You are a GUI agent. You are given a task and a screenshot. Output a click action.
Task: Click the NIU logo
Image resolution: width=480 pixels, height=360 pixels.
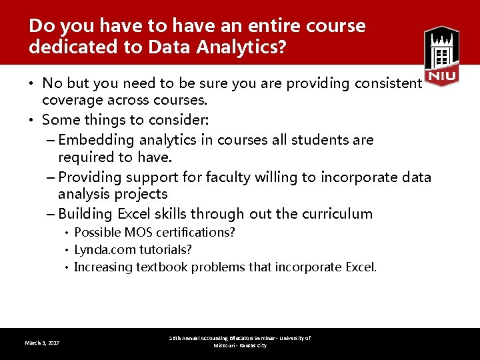coord(441,56)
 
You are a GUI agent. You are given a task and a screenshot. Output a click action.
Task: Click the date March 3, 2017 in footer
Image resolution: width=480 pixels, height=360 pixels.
coord(42,343)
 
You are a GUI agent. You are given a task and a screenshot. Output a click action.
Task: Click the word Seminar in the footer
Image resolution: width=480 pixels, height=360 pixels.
coord(263,339)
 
